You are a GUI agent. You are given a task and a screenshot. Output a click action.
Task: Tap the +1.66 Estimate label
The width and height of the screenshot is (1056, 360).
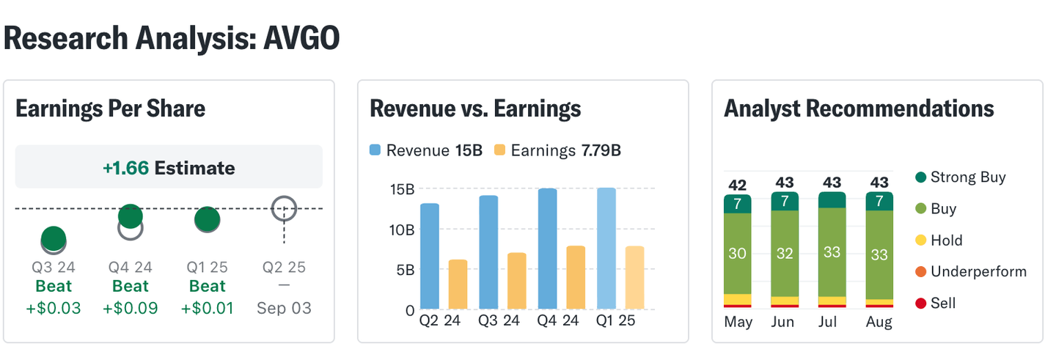coord(169,168)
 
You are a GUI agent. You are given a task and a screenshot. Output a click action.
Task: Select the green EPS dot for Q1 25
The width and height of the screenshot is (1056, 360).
coord(207,220)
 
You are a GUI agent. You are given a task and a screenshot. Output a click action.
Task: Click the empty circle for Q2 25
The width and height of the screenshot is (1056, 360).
coord(284,209)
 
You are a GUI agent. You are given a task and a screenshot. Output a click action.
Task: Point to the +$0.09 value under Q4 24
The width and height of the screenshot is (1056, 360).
coord(131,308)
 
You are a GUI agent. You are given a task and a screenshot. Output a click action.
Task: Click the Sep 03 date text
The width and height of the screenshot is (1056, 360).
coord(284,308)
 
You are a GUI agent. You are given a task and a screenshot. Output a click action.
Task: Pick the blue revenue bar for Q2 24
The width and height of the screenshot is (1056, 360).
coord(430,257)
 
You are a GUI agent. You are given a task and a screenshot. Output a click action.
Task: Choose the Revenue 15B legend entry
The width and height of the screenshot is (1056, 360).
coord(425,151)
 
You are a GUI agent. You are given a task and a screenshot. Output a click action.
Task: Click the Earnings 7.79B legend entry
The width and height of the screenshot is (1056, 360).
coord(558,151)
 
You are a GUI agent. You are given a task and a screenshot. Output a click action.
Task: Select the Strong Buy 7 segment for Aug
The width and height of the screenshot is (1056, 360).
coord(879,201)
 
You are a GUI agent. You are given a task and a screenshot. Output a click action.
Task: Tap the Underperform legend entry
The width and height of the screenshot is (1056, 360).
coord(971,272)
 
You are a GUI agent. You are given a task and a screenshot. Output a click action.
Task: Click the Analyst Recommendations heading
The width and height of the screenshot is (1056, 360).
coord(859,109)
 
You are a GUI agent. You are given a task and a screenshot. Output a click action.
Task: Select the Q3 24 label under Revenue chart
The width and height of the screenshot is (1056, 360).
coord(499,321)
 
